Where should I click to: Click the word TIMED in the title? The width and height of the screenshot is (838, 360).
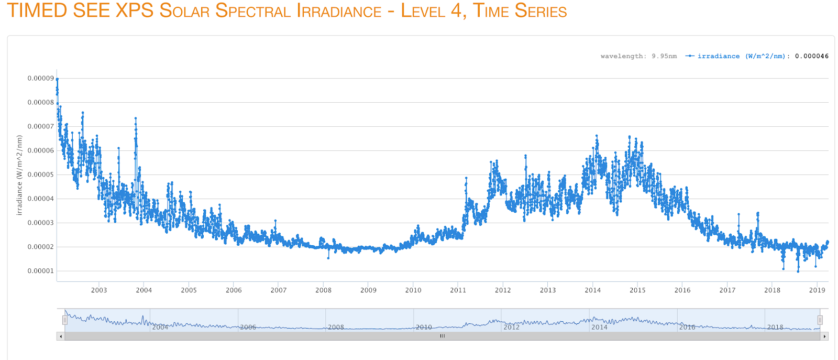[x=37, y=10]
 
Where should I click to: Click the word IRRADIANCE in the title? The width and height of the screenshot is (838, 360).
[x=339, y=12]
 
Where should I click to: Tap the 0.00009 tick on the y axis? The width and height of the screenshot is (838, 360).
[x=40, y=79]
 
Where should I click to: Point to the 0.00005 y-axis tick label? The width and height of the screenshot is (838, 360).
[x=40, y=175]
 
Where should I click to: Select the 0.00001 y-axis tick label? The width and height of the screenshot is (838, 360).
[x=40, y=271]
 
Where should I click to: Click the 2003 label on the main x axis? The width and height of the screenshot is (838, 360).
[x=99, y=290]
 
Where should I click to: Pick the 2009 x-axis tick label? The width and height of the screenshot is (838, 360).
[x=368, y=290]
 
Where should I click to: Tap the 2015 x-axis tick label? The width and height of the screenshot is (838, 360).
[x=637, y=290]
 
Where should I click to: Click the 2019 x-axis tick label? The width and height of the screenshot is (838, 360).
[x=817, y=290]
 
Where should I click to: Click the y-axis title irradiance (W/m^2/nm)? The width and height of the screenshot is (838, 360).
[x=19, y=175]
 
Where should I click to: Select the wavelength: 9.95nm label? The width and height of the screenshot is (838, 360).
[x=638, y=56]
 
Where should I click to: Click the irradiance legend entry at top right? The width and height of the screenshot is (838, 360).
[x=738, y=56]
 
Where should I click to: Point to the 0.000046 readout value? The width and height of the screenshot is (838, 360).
[x=812, y=56]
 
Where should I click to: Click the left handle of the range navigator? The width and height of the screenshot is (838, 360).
[x=65, y=320]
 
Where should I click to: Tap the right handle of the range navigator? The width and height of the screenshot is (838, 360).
[x=820, y=320]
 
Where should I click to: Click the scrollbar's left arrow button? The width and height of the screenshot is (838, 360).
[x=61, y=336]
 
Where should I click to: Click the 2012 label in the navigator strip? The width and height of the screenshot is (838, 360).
[x=511, y=328]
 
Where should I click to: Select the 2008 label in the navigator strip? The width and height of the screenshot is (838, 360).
[x=336, y=328]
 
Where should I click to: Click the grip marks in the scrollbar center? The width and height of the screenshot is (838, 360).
[x=443, y=336]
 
